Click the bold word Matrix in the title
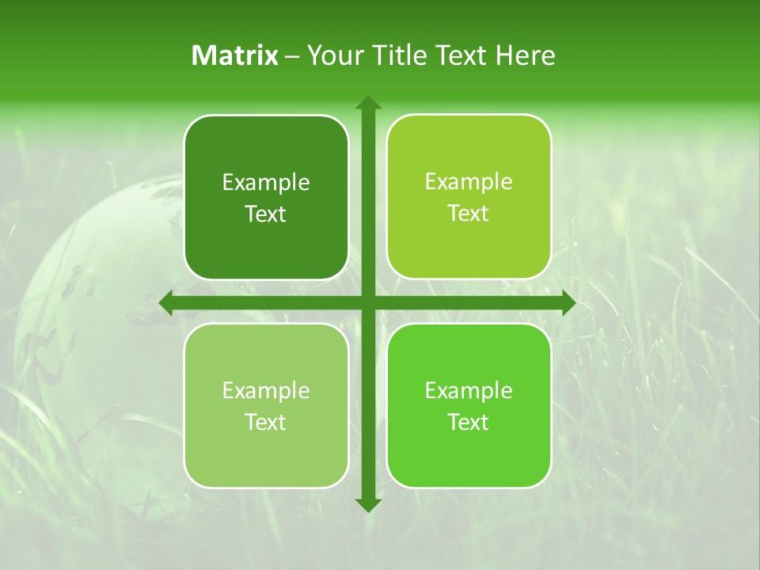coord(235,55)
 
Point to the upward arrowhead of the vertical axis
coord(367,103)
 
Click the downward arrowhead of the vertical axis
coord(367,504)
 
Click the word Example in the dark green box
coord(266,183)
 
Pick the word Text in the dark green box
coord(266,215)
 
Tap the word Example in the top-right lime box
coord(469,182)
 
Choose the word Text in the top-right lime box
coord(469,214)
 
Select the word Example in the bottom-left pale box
coord(266,391)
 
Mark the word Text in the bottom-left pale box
coord(266,423)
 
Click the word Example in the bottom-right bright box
coord(469,391)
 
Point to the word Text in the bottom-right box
coord(469,423)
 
